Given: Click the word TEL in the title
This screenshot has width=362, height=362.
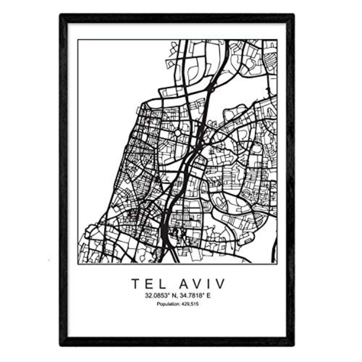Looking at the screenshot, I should [145, 284].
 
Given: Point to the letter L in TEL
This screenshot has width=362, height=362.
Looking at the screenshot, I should [156, 284].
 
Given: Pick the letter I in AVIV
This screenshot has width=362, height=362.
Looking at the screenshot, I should [208, 284].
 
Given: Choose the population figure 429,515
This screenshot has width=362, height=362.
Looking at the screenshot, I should [190, 304].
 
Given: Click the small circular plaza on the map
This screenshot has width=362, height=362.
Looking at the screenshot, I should [178, 133].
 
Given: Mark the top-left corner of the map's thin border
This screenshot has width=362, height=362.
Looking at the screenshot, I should [78, 40].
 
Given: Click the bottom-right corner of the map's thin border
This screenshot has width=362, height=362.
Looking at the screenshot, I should [277, 263].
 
